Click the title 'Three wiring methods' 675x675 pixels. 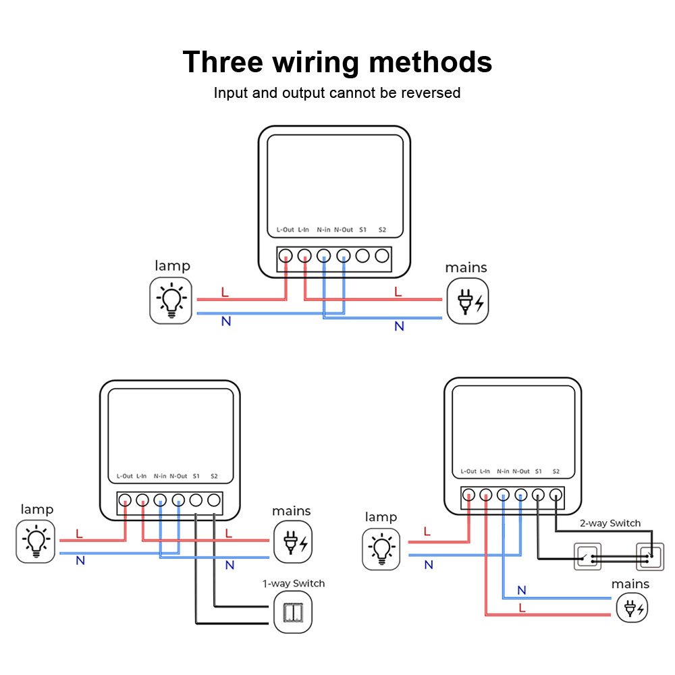point(337,62)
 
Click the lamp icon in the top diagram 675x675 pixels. point(170,300)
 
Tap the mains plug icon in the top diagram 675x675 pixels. point(467,302)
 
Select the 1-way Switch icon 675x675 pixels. point(293,612)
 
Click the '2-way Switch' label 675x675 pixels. point(610,523)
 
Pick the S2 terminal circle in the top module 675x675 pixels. point(382,256)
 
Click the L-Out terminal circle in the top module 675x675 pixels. point(286,256)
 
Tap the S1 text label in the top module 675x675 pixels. point(362,230)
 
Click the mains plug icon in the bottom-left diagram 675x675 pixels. point(293,541)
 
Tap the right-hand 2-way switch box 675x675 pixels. point(650,557)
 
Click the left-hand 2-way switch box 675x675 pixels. point(587,557)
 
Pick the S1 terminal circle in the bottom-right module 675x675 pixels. point(538,495)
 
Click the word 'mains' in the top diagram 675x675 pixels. point(466,268)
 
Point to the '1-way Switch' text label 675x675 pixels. point(293,583)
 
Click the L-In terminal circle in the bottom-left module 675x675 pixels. point(142,500)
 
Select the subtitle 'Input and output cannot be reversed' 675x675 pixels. point(337,93)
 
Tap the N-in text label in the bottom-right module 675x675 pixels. point(503,471)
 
